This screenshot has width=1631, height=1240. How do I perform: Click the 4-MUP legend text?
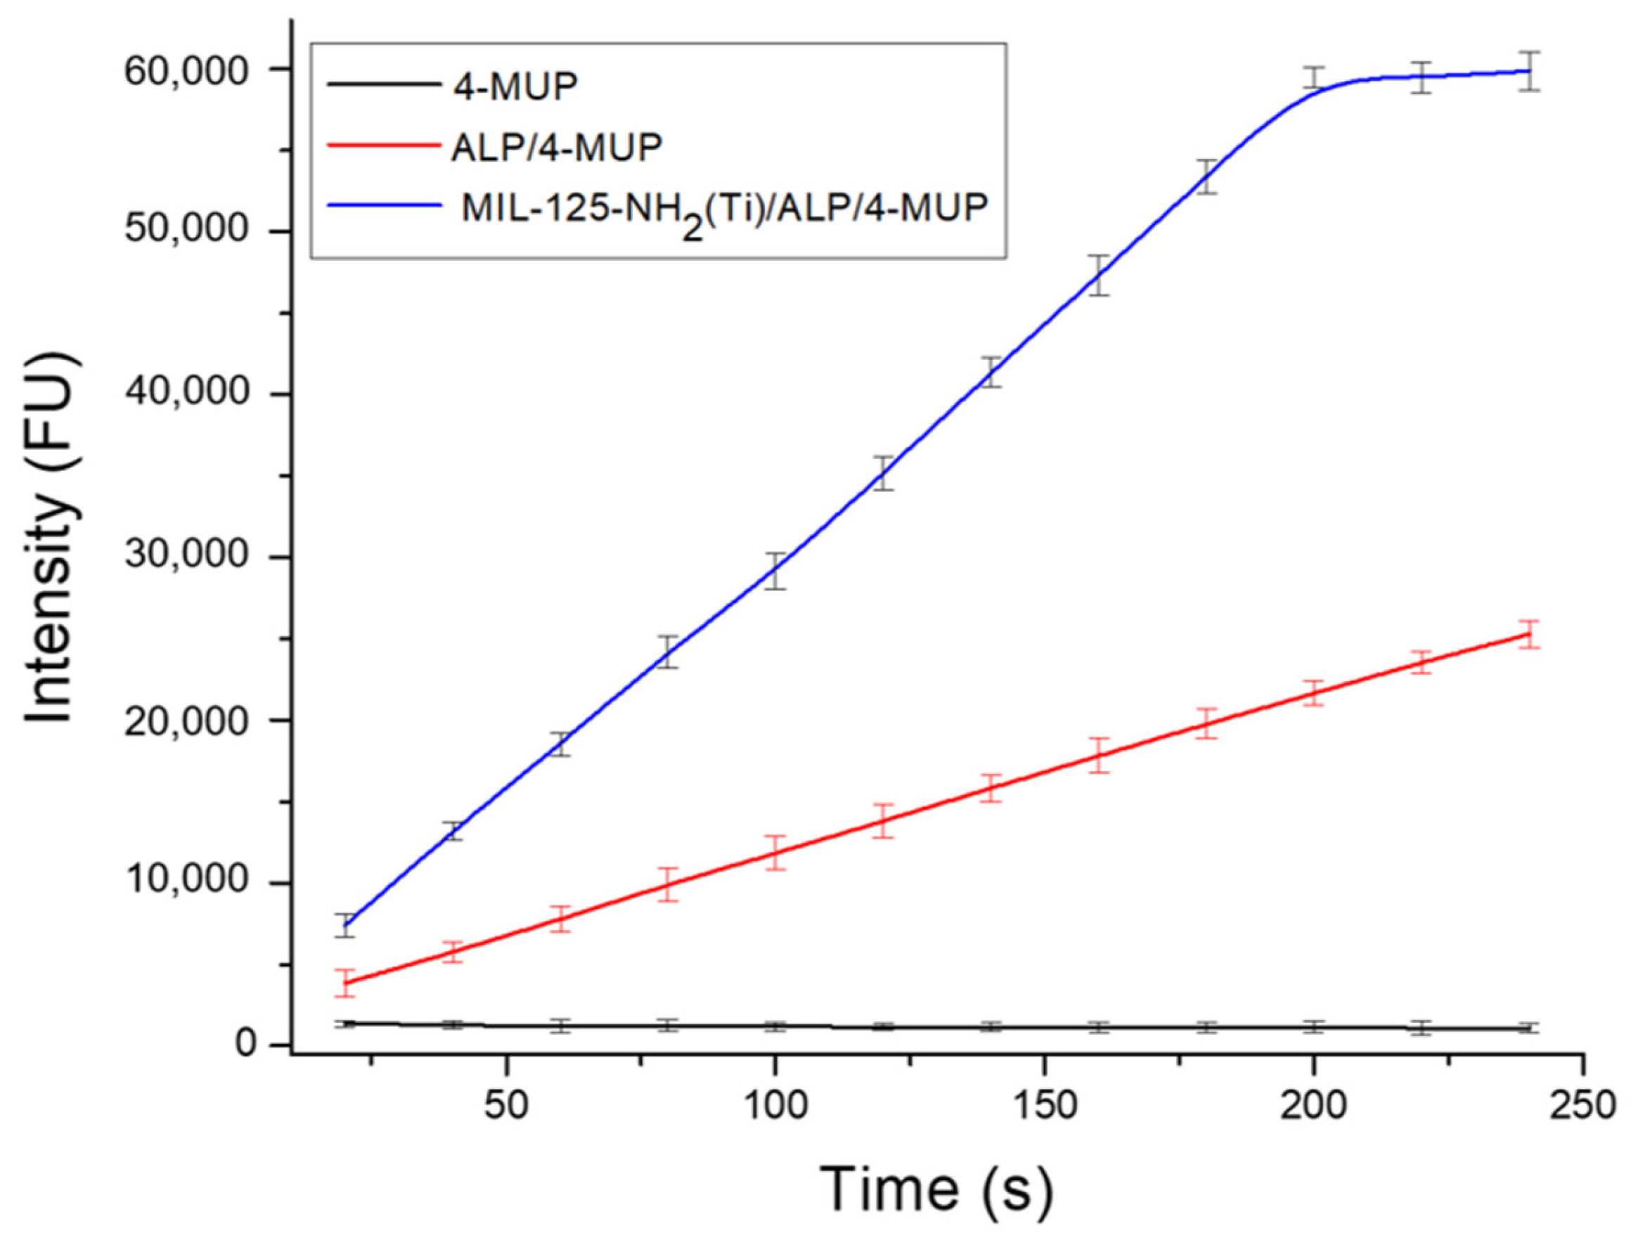[515, 87]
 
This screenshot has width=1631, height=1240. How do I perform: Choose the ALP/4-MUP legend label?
[557, 148]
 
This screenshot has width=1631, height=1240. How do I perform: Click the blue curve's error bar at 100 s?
[775, 571]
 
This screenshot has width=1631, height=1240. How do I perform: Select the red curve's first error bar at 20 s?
[344, 983]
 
